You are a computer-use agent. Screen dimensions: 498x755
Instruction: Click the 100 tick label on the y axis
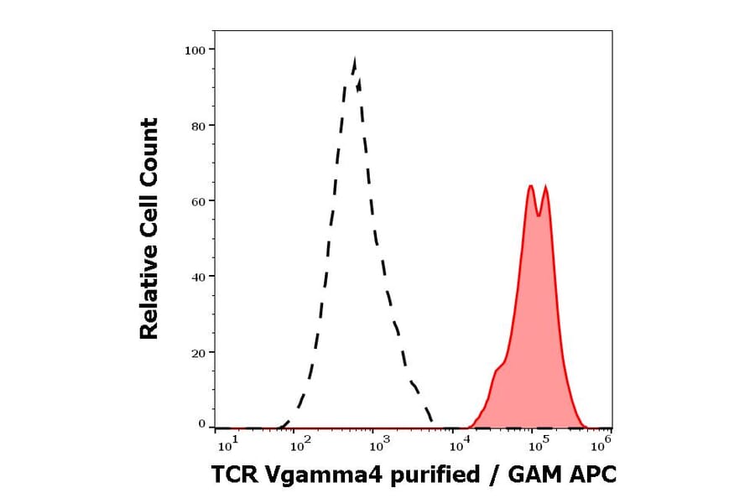(195, 50)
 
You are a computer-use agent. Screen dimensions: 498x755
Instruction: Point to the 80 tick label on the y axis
(198, 126)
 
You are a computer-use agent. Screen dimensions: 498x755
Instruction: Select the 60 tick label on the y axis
(198, 201)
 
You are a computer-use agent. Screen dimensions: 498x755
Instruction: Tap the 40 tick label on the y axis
(198, 277)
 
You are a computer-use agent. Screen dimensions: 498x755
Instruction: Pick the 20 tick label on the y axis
(198, 352)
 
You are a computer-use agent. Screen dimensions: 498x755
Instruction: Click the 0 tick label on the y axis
(201, 424)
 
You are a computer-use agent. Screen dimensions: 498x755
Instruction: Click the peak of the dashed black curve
(355, 60)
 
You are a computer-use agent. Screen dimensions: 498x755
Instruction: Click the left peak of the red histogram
(531, 186)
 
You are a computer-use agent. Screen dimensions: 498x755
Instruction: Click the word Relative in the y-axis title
(149, 300)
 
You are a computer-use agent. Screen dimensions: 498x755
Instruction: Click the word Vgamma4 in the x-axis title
(314, 476)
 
